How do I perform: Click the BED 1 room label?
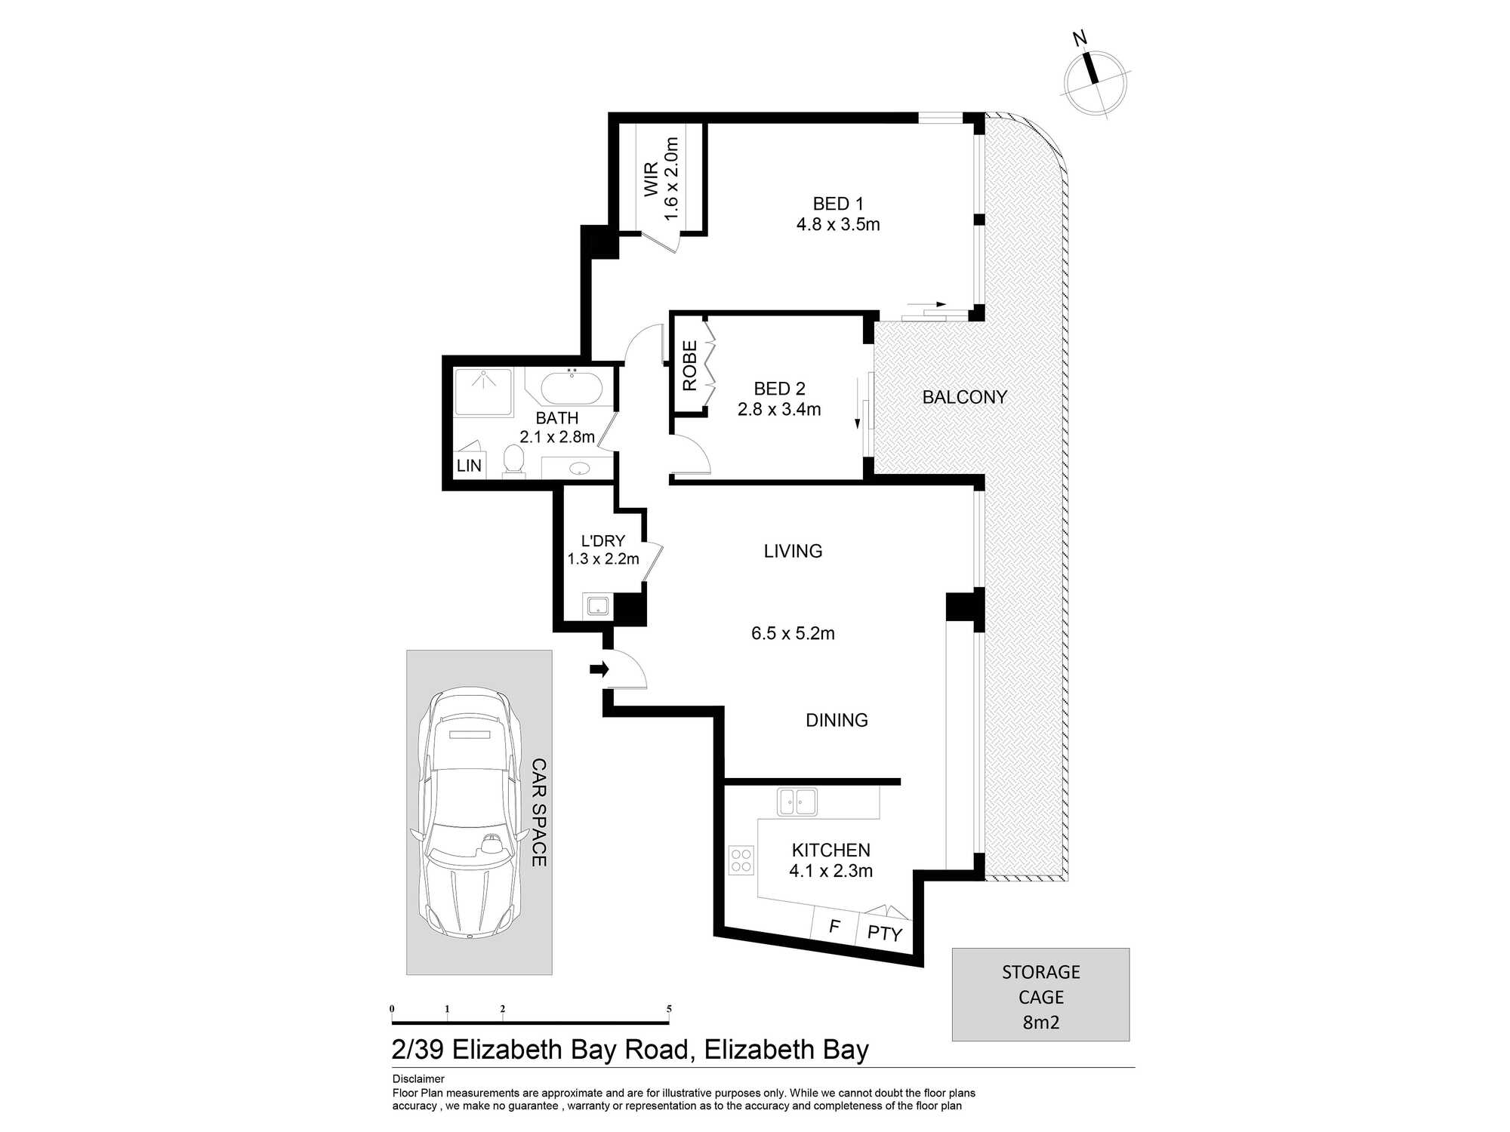point(838,204)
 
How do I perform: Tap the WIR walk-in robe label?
point(651,180)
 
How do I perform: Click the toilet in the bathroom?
point(514,460)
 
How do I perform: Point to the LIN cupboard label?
point(469,466)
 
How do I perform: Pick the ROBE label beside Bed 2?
point(689,366)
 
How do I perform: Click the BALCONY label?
point(965,397)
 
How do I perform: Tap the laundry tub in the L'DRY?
point(598,605)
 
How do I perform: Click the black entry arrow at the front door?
point(599,669)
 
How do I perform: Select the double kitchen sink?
point(797,801)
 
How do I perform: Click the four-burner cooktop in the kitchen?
point(741,860)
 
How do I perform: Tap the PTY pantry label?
point(885,934)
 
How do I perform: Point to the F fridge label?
point(834,926)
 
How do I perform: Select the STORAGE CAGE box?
point(1040,995)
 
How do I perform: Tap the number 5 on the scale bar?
point(669,1009)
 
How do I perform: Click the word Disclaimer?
point(418,1079)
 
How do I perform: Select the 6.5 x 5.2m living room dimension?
point(793,633)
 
